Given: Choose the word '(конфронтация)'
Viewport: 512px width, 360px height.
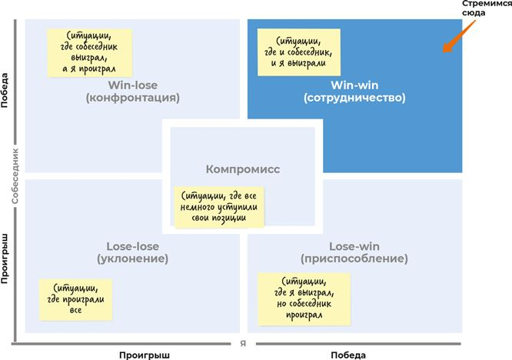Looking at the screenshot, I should [x=133, y=98].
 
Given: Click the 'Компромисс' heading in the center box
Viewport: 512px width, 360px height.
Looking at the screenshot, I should [x=244, y=169].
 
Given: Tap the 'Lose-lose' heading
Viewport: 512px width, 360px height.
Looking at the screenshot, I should [x=133, y=246].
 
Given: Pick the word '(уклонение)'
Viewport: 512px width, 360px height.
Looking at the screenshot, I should [x=133, y=259].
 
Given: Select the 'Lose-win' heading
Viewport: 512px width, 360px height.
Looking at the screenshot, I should [x=357, y=246].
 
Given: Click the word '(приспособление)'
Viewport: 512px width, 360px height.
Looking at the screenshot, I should [x=357, y=259].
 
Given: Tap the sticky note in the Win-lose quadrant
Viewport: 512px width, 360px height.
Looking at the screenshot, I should [x=89, y=52].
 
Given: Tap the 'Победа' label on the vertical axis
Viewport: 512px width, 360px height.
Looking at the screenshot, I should [x=6, y=91].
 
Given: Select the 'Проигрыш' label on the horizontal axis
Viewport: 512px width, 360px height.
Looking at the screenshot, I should [x=143, y=354].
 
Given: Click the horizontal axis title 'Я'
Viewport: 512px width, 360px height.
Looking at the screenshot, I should [x=243, y=343].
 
